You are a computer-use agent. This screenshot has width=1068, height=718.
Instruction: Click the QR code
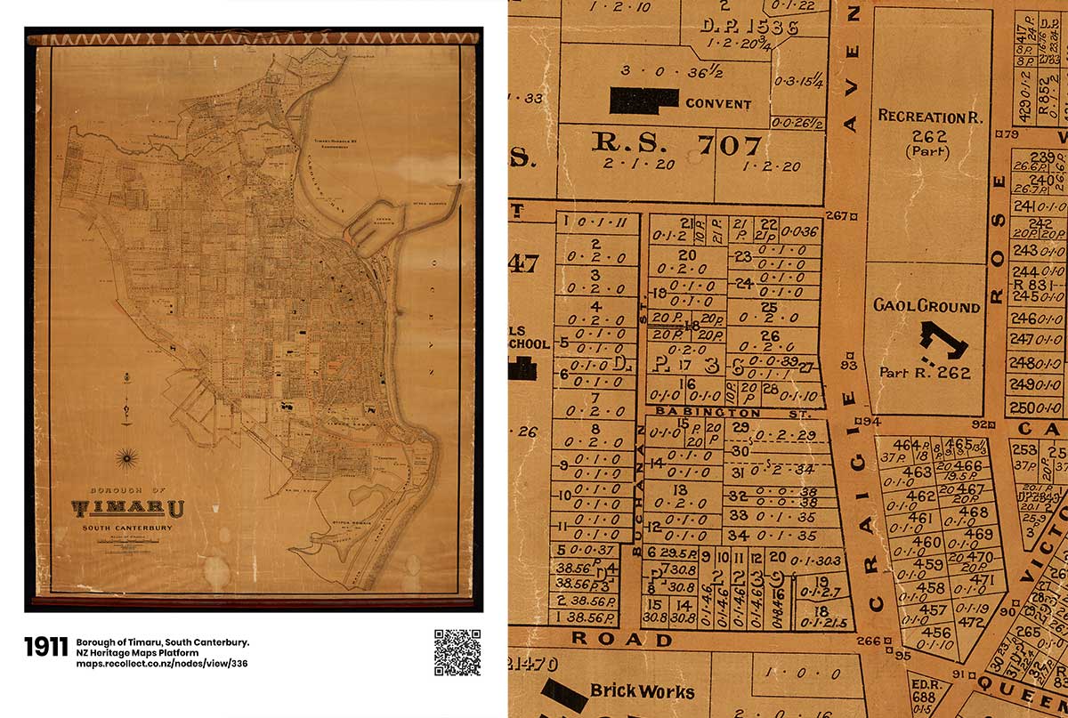pyautogui.click(x=457, y=653)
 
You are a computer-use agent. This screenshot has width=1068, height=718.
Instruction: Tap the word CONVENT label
pyautogui.click(x=718, y=103)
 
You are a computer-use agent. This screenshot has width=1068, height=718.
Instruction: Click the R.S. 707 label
pyautogui.click(x=677, y=143)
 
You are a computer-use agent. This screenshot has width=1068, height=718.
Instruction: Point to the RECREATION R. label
pyautogui.click(x=921, y=117)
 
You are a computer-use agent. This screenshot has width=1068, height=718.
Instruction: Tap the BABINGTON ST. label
pyautogui.click(x=708, y=413)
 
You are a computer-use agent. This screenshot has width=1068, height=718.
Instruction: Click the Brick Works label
pyautogui.click(x=642, y=690)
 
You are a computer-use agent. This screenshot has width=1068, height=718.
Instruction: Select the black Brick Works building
pyautogui.click(x=563, y=694)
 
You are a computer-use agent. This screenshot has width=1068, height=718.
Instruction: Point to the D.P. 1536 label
pyautogui.click(x=749, y=26)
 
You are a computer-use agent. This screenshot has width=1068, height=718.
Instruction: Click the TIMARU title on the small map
pyautogui.click(x=128, y=509)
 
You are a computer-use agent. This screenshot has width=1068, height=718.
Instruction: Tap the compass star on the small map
pyautogui.click(x=125, y=457)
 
